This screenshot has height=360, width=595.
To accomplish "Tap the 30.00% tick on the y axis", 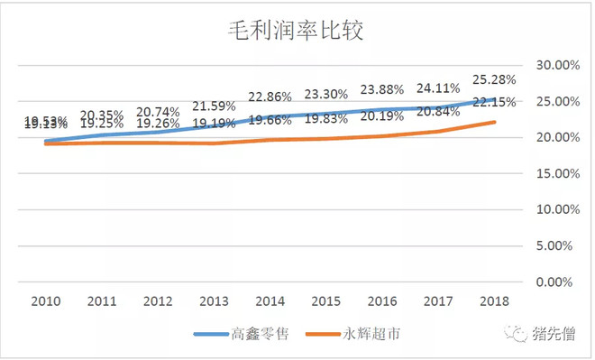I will (x=554, y=65).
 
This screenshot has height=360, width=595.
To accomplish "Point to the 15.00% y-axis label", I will (x=554, y=173).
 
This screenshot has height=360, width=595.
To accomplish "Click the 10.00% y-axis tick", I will (x=554, y=209).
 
